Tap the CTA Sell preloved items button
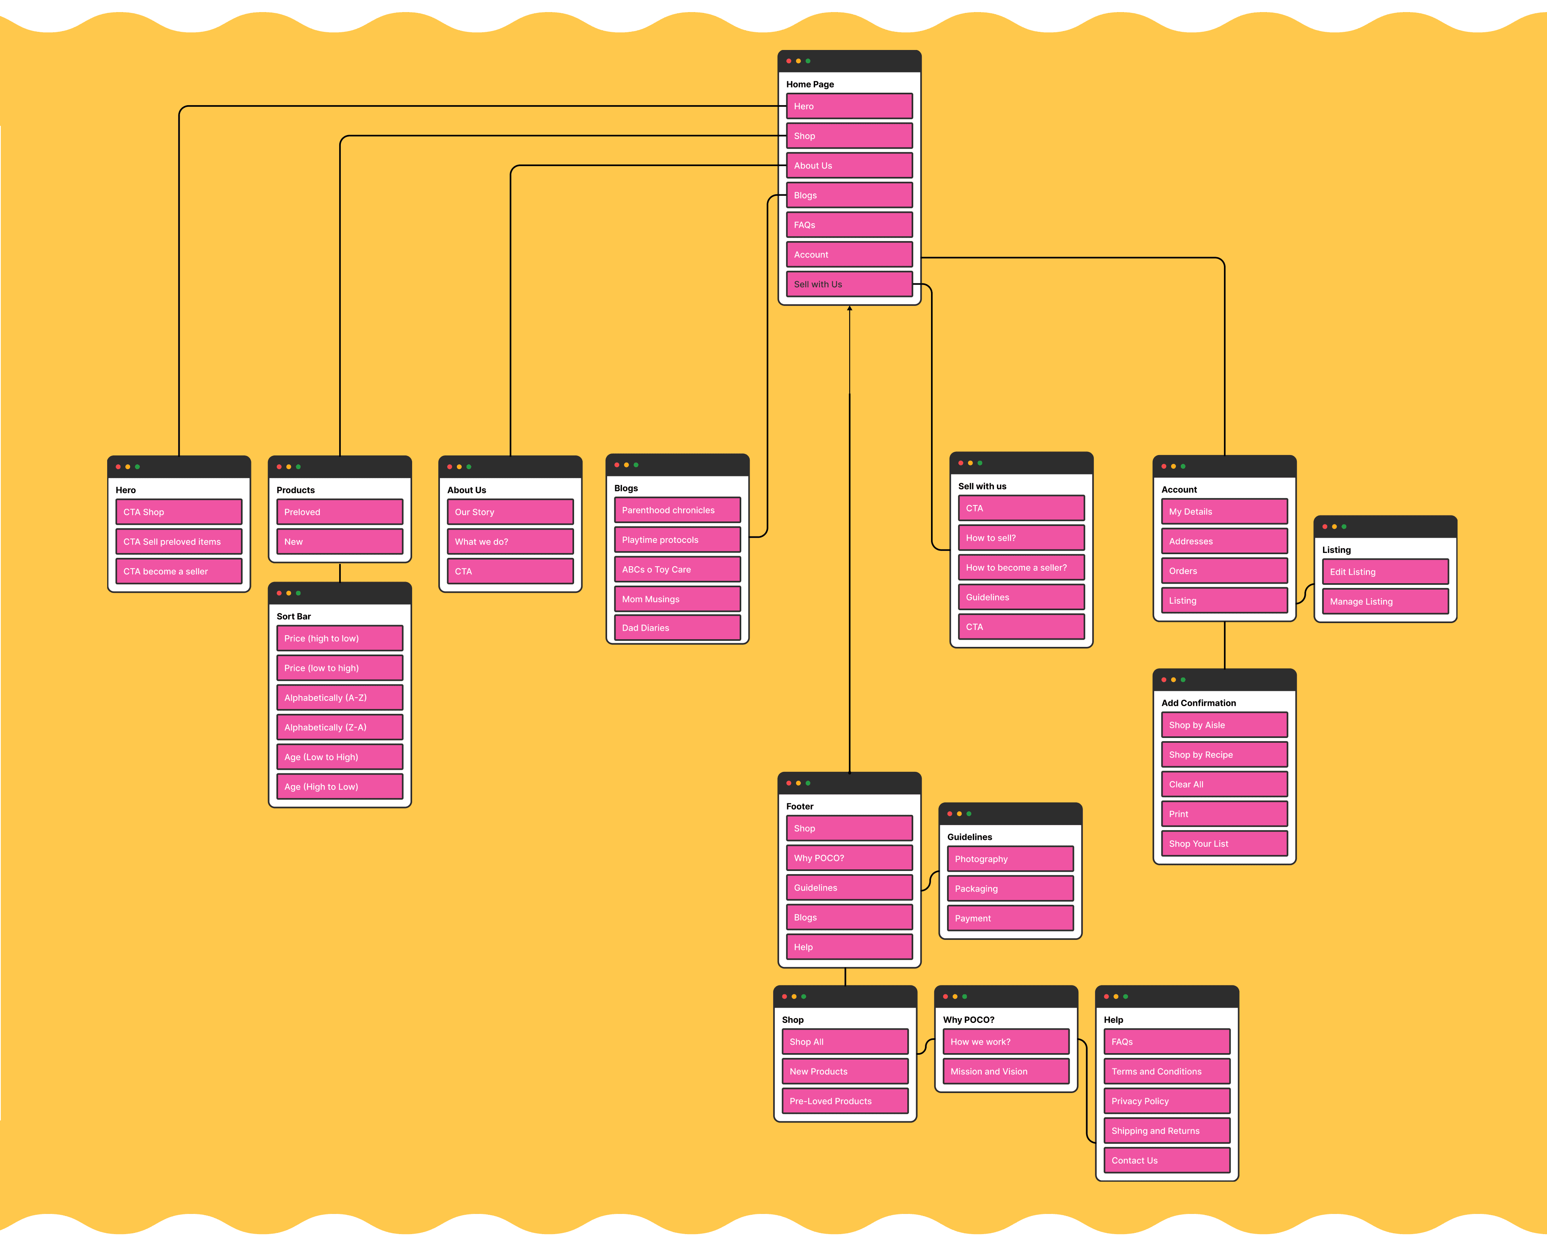pos(179,542)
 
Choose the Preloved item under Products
pos(340,512)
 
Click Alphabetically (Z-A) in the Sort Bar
pos(340,727)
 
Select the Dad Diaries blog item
pos(677,628)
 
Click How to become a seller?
pos(1021,567)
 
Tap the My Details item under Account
pos(1224,511)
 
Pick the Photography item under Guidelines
pos(1010,859)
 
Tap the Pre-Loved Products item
pos(844,1101)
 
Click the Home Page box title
pos(810,84)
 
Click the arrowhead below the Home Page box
pos(849,309)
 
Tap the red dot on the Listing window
pos(1325,526)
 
